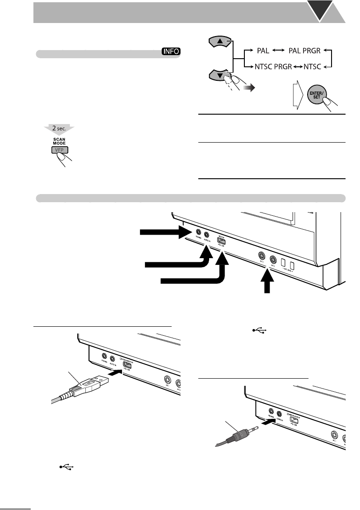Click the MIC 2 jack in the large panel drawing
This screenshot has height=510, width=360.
pos(273,260)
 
